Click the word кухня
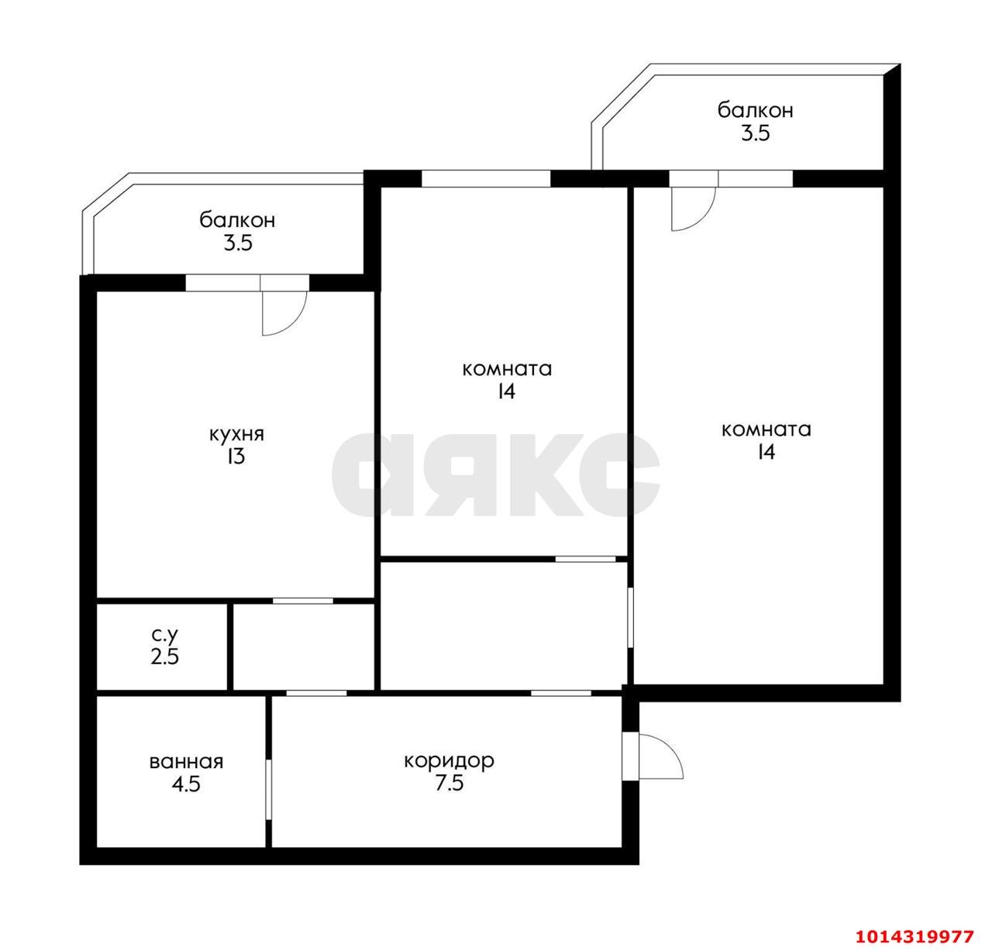tap(236, 434)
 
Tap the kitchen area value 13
tap(236, 457)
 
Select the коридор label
tap(449, 761)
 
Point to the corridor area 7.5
tap(449, 784)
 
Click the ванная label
tap(186, 762)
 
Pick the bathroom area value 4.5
tap(186, 784)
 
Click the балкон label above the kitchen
tap(237, 221)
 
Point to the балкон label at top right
tap(755, 111)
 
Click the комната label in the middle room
tap(507, 369)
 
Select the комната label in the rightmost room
tap(766, 429)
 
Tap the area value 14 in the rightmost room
tap(766, 453)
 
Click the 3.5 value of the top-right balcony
tap(755, 133)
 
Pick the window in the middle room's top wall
tap(486, 178)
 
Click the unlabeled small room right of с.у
tap(304, 646)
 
